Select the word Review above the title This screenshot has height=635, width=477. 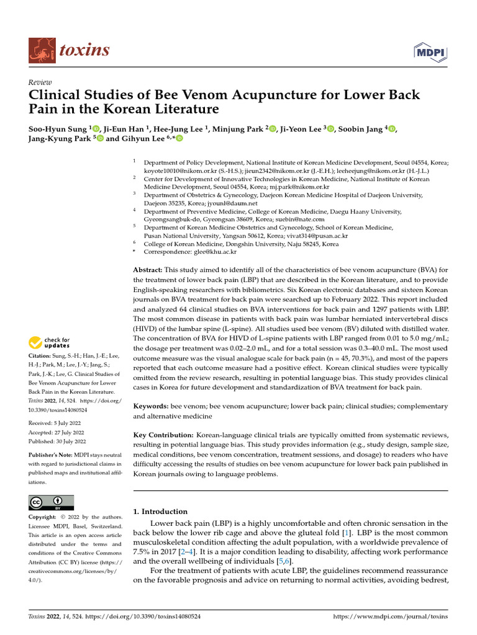[x=41, y=82]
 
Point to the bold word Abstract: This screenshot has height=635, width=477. [x=148, y=270]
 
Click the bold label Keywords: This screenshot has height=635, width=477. [x=153, y=406]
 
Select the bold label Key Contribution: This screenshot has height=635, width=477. [x=163, y=437]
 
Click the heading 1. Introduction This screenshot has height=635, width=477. [x=161, y=512]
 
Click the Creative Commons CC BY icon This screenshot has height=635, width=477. [x=52, y=502]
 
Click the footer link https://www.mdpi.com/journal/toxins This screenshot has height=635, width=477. [x=391, y=617]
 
